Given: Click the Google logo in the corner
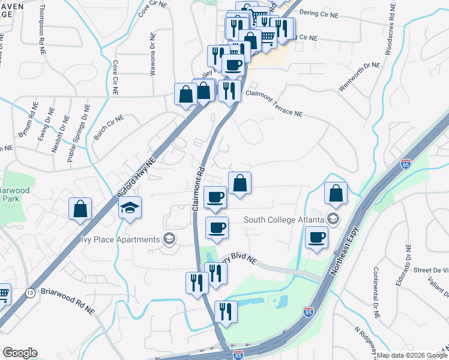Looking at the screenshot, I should pyautogui.click(x=20, y=353).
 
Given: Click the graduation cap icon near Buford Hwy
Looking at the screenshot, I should pyautogui.click(x=130, y=208).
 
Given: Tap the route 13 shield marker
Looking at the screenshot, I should pyautogui.click(x=29, y=292).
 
